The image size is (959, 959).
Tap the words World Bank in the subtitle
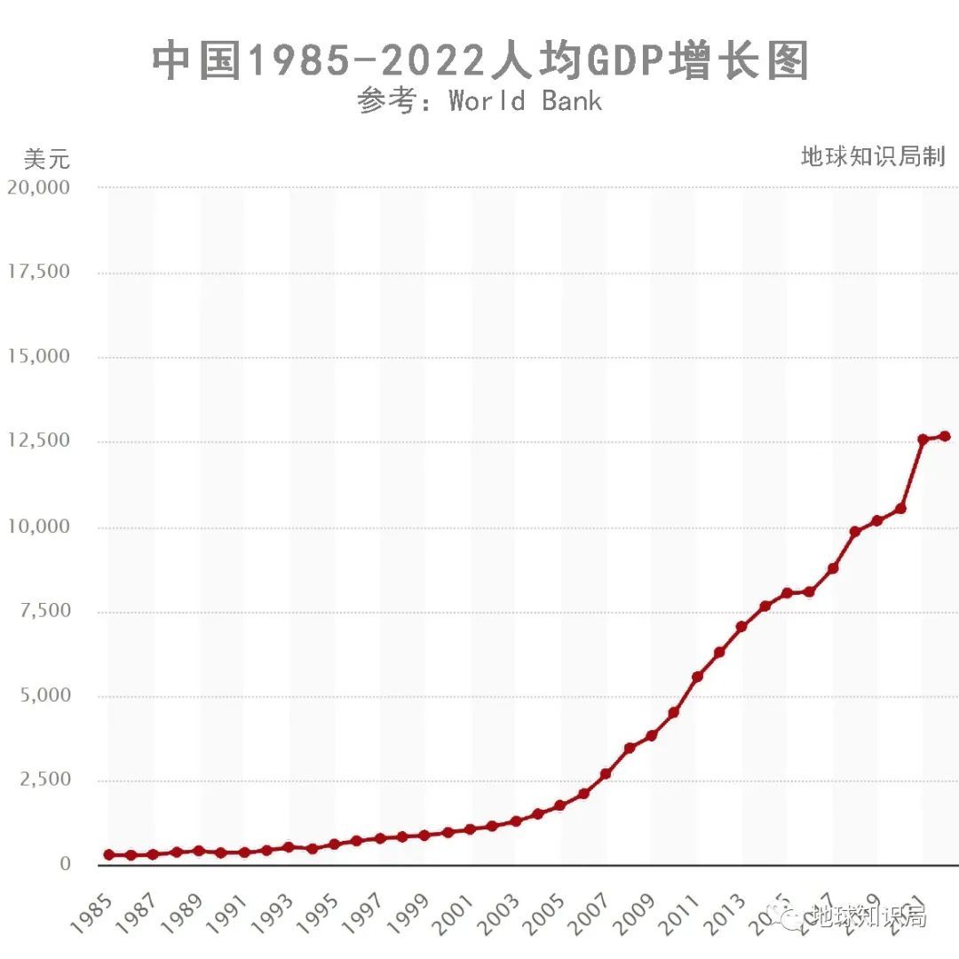pos(526,100)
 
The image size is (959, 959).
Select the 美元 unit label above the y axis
pos(46,160)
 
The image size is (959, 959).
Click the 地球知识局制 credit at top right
pos(873,157)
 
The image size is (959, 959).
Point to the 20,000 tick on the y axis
pos(38,187)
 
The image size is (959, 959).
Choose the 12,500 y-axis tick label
pos(38,441)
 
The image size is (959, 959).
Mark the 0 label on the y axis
pos(63,864)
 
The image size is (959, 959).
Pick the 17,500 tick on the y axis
pos(38,272)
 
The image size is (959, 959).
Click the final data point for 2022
pos(945,436)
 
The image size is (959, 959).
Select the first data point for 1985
pos(109,854)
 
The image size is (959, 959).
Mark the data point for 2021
pos(923,439)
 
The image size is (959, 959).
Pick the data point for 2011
pos(697,677)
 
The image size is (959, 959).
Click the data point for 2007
pos(606,774)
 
